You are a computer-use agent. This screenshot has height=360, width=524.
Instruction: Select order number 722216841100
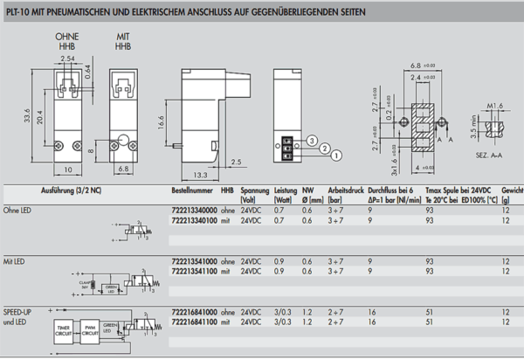click(191, 322)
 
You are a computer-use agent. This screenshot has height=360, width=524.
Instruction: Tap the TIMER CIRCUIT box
click(65, 332)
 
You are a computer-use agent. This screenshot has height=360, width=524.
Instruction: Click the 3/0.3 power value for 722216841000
click(283, 312)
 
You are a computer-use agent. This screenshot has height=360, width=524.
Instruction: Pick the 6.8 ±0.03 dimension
click(424, 66)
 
